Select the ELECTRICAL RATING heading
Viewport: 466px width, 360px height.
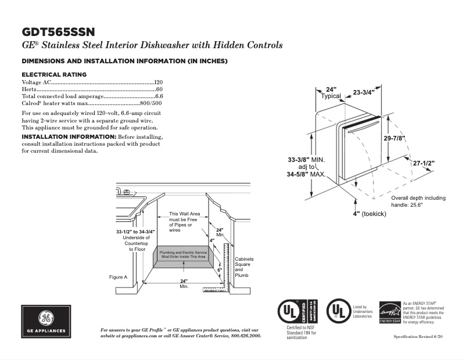54,74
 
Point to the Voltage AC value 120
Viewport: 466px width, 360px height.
158,82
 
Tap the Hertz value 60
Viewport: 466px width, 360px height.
159,89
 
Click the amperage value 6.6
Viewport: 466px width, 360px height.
159,96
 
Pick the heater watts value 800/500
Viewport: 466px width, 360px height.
150,103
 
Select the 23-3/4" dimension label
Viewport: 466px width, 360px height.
364,92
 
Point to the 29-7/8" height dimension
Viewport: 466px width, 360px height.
395,138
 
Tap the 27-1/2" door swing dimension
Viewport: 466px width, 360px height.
424,164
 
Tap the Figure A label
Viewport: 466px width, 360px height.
118,277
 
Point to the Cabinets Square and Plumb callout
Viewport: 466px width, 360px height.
243,267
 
